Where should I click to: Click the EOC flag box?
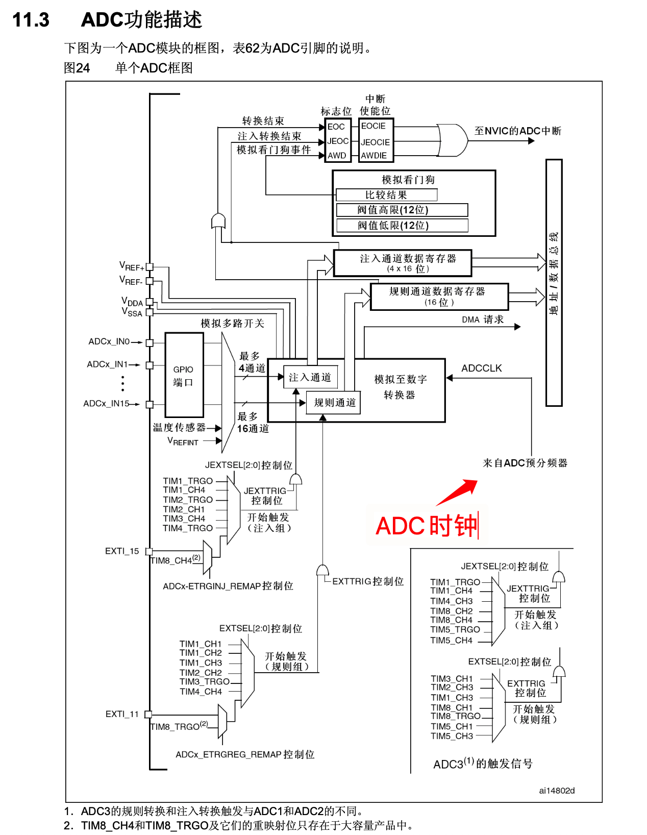[x=337, y=127]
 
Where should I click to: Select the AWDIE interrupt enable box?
[x=375, y=156]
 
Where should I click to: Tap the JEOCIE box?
[x=376, y=142]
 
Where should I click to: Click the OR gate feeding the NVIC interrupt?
[x=453, y=140]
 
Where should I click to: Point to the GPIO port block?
[x=184, y=375]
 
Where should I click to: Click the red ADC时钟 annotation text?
[x=427, y=526]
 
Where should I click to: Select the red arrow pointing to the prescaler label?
[x=458, y=493]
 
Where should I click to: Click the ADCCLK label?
[x=481, y=368]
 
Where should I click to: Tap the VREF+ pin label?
[x=132, y=266]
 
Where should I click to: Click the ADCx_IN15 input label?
[x=106, y=403]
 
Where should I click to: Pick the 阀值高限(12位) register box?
[x=402, y=210]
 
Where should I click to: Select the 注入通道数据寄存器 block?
[x=403, y=263]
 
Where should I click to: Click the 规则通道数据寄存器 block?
[x=439, y=297]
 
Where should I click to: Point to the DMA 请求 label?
[x=482, y=320]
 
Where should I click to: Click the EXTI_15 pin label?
[x=122, y=551]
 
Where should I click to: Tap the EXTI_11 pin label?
[x=122, y=714]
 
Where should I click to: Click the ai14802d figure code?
[x=557, y=791]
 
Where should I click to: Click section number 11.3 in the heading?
[x=31, y=20]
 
